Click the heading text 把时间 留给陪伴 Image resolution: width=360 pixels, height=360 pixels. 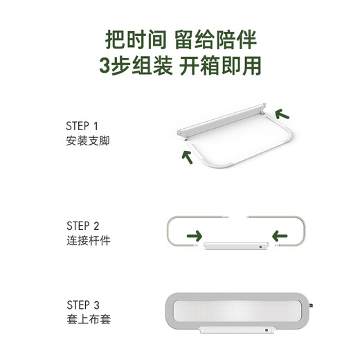(180, 37)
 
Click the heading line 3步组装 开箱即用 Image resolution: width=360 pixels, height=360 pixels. (180, 66)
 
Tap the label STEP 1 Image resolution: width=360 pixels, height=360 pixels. (82, 126)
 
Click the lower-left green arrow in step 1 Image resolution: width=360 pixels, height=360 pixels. (187, 156)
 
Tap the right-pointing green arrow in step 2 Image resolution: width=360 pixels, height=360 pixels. (195, 237)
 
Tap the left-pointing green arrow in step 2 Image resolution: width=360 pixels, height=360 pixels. (280, 237)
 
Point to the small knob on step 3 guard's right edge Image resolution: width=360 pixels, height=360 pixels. (314, 305)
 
